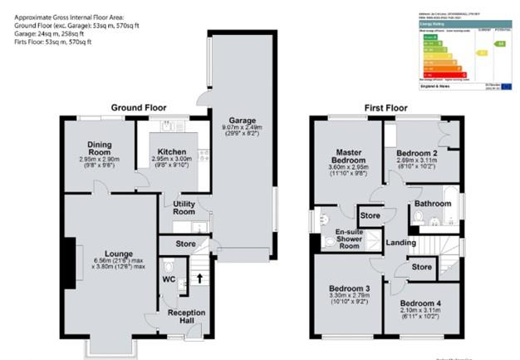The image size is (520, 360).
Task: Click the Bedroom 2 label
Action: [417, 155]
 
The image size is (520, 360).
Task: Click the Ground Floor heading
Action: [139, 108]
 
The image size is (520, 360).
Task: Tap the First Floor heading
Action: [386, 108]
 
